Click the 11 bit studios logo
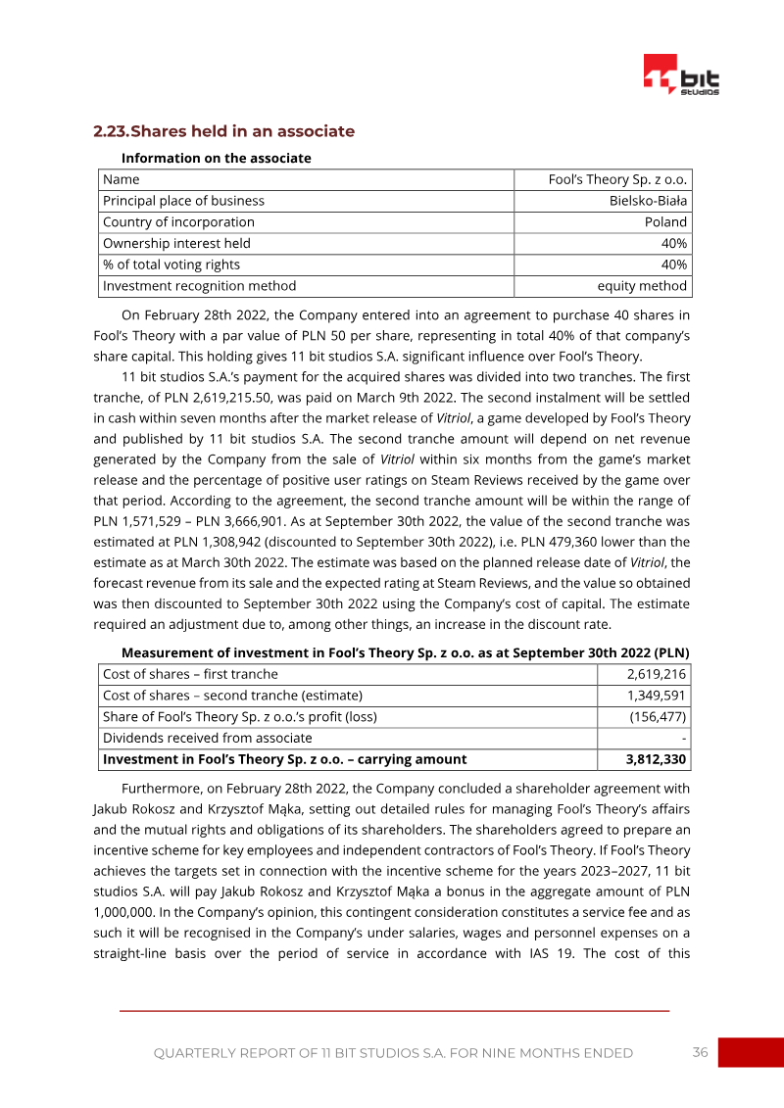click(681, 75)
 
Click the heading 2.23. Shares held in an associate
click(223, 131)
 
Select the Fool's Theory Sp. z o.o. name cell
click(617, 179)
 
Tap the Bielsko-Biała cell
click(648, 201)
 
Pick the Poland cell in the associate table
click(665, 222)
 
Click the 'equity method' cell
click(642, 286)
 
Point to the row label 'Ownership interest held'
click(176, 243)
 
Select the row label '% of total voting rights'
click(171, 265)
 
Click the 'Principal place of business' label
click(183, 201)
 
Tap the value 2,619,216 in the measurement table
click(657, 674)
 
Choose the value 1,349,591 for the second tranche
click(657, 696)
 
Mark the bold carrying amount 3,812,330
click(656, 759)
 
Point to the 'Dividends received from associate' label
click(207, 738)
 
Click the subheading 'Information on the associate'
click(216, 158)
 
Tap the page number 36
click(700, 1052)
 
